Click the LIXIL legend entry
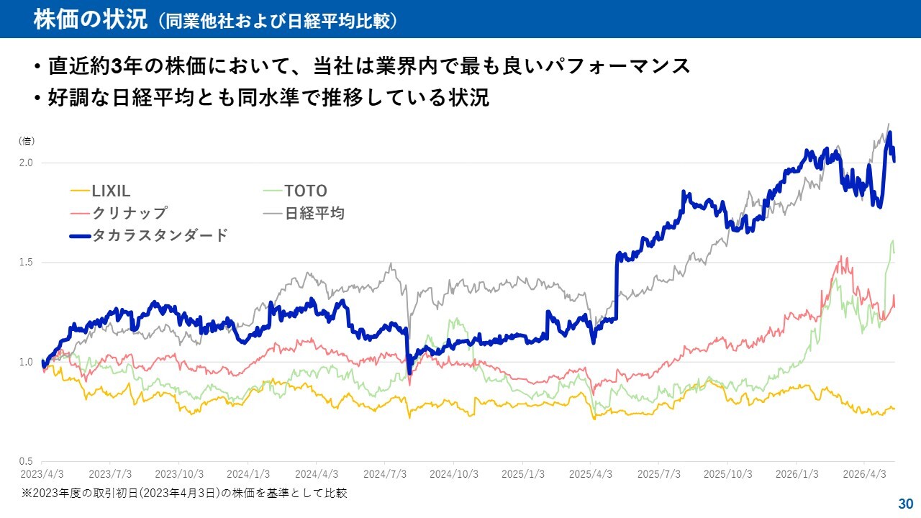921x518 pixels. (x=100, y=191)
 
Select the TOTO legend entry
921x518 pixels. (x=295, y=191)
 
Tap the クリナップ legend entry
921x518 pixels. (x=119, y=213)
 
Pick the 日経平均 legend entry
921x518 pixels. (x=304, y=213)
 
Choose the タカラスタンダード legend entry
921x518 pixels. (x=148, y=235)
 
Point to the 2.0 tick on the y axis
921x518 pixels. (x=26, y=163)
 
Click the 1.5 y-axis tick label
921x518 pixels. (x=26, y=263)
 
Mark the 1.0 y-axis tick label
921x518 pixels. (x=26, y=362)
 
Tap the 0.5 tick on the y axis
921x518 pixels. (x=26, y=461)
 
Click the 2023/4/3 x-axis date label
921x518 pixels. (x=42, y=474)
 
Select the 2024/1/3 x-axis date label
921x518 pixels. (x=248, y=474)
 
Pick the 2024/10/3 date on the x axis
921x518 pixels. (x=454, y=474)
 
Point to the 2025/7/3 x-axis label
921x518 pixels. (x=658, y=474)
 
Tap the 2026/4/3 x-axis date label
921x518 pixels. (x=865, y=474)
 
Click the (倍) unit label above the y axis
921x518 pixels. (x=27, y=141)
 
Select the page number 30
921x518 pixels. (x=906, y=504)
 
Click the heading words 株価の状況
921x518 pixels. (x=91, y=19)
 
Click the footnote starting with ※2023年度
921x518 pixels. (x=185, y=493)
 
